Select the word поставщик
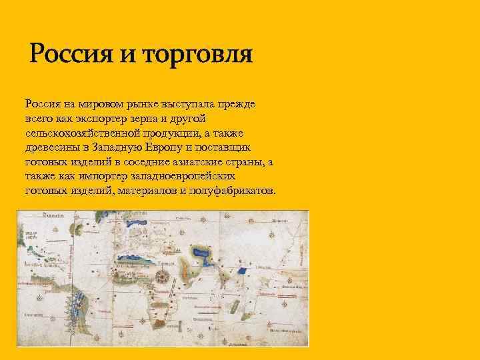tap(235, 147)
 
